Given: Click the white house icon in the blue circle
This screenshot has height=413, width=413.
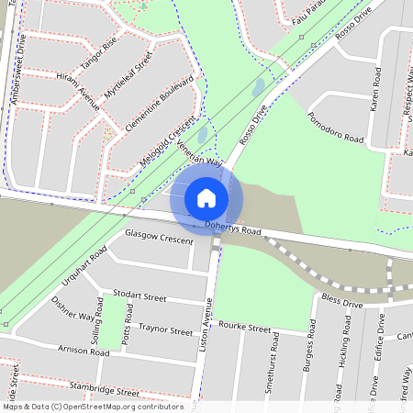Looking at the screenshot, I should tap(206, 197).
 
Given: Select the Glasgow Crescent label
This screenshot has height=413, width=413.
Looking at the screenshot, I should tap(160, 237).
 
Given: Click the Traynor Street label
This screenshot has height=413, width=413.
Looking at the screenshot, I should tap(165, 329).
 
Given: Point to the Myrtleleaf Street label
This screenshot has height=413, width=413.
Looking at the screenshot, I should tap(128, 77).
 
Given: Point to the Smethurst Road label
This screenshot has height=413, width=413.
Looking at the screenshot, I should tap(273, 353).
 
